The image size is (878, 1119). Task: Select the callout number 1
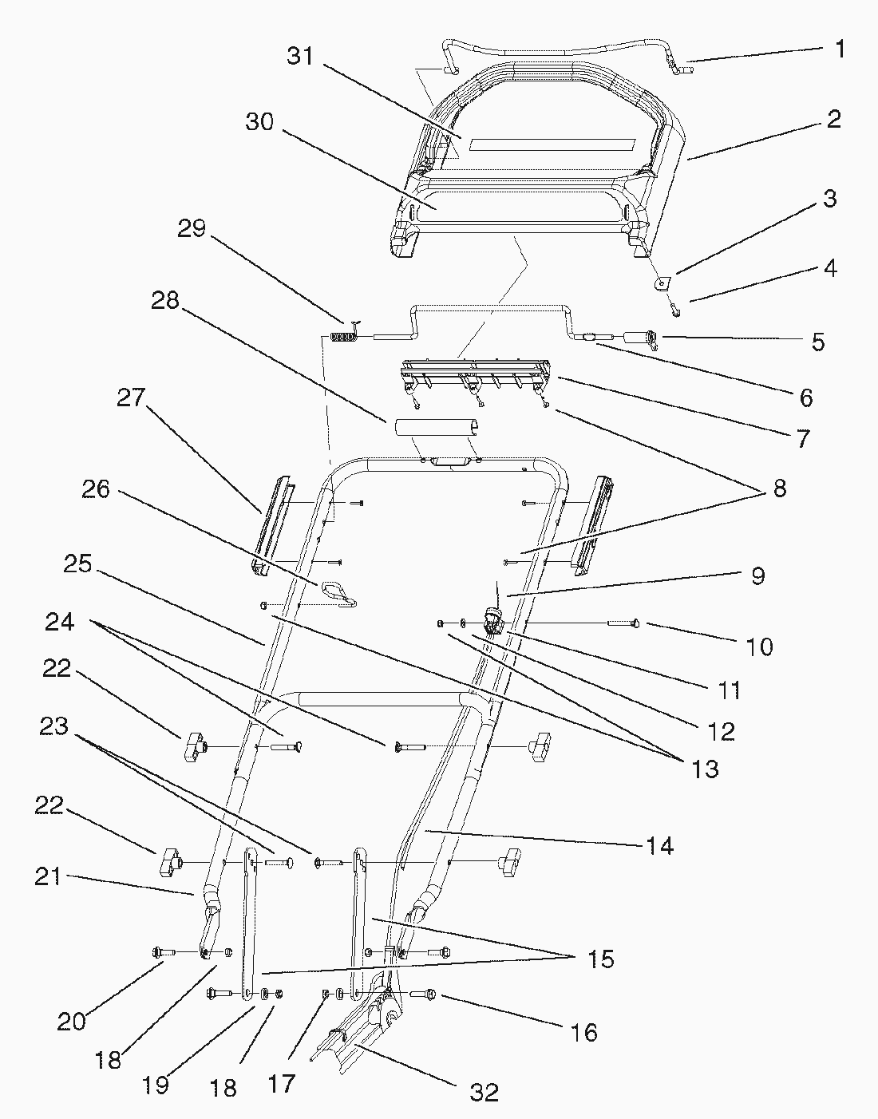tap(839, 49)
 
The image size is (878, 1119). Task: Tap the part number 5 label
tap(818, 342)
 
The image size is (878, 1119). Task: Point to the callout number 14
tap(659, 845)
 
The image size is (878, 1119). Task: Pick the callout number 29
tap(192, 228)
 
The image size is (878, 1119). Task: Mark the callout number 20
tap(72, 1021)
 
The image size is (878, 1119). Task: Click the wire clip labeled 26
tap(339, 593)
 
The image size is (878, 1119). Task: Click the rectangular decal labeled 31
tap(551, 144)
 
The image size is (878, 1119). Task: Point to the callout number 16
tap(584, 1032)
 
